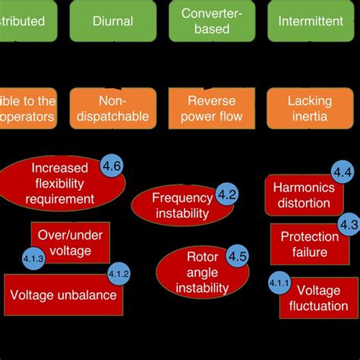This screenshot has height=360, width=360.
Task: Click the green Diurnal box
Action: click(112, 21)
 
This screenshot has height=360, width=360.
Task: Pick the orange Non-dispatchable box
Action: click(112, 108)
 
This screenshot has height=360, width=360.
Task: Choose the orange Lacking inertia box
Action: click(309, 108)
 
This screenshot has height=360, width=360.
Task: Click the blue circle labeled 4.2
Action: click(227, 194)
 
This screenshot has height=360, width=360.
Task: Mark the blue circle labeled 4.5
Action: click(237, 256)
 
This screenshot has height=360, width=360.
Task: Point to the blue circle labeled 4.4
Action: click(342, 172)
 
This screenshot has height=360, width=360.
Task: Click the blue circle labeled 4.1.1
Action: click(279, 283)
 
